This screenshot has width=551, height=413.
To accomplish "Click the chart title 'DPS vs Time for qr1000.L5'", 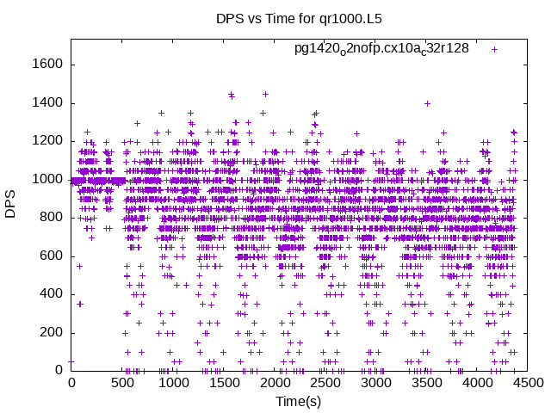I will click(275, 17).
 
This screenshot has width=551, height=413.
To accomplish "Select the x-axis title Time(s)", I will click(298, 402).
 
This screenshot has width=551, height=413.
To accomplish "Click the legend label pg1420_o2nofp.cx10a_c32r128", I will click(381, 48).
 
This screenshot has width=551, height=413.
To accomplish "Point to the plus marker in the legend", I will click(495, 49).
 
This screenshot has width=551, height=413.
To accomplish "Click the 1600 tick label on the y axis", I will click(47, 65).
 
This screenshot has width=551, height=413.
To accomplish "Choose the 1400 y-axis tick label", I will click(47, 103).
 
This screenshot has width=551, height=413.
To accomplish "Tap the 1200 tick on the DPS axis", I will click(47, 141).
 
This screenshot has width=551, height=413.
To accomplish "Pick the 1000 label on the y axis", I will click(47, 179).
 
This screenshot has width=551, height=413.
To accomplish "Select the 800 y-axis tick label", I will click(51, 218).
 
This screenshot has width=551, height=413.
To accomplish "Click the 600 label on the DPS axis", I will click(51, 256).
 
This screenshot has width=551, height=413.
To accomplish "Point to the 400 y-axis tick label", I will click(51, 294).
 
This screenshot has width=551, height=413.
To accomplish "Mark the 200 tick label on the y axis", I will click(51, 332).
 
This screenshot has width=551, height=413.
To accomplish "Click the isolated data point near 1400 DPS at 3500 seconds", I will click(427, 103).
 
